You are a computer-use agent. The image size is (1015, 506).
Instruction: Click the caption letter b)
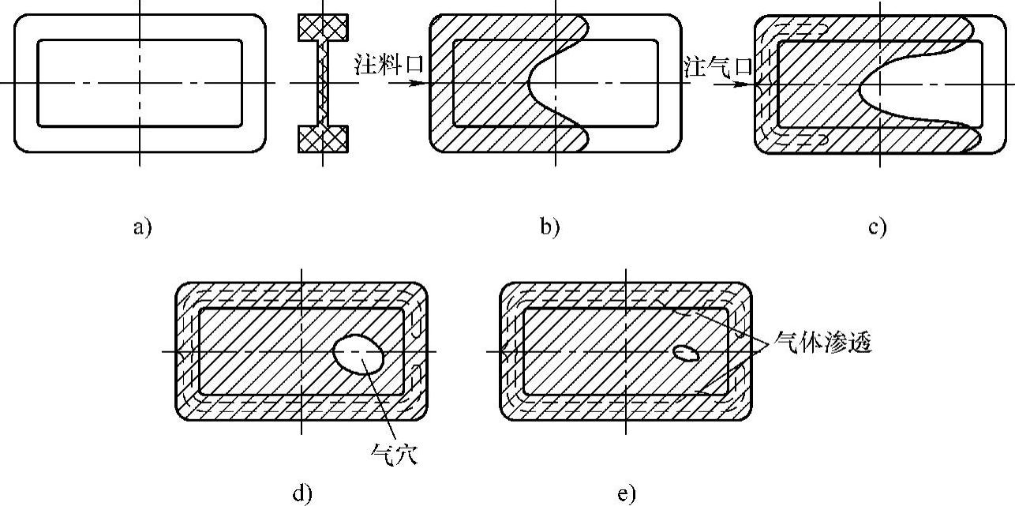[549, 228]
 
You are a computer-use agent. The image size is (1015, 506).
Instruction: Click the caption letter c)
[877, 228]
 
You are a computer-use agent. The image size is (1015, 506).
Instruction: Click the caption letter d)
[302, 495]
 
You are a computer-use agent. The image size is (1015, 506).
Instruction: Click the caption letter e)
[626, 495]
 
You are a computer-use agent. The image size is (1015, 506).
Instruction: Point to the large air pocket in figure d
[359, 354]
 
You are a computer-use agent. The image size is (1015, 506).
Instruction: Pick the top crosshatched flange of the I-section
[323, 28]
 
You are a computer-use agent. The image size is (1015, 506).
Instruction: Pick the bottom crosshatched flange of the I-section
[323, 138]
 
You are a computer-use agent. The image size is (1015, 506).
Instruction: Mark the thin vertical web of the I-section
[323, 83]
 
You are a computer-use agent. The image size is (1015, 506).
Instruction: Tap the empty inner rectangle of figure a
[95, 63]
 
